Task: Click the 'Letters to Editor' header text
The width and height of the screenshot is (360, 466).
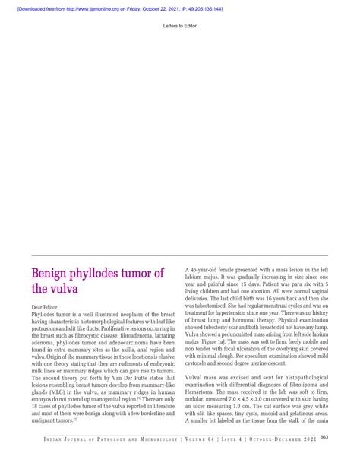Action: tap(180, 25)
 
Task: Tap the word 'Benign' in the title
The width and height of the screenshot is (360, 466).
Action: tap(55, 274)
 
